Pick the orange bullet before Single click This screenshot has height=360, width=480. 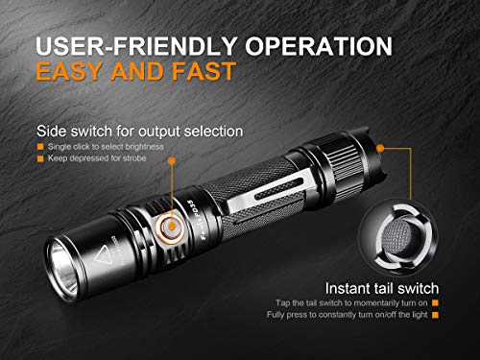[41, 145]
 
